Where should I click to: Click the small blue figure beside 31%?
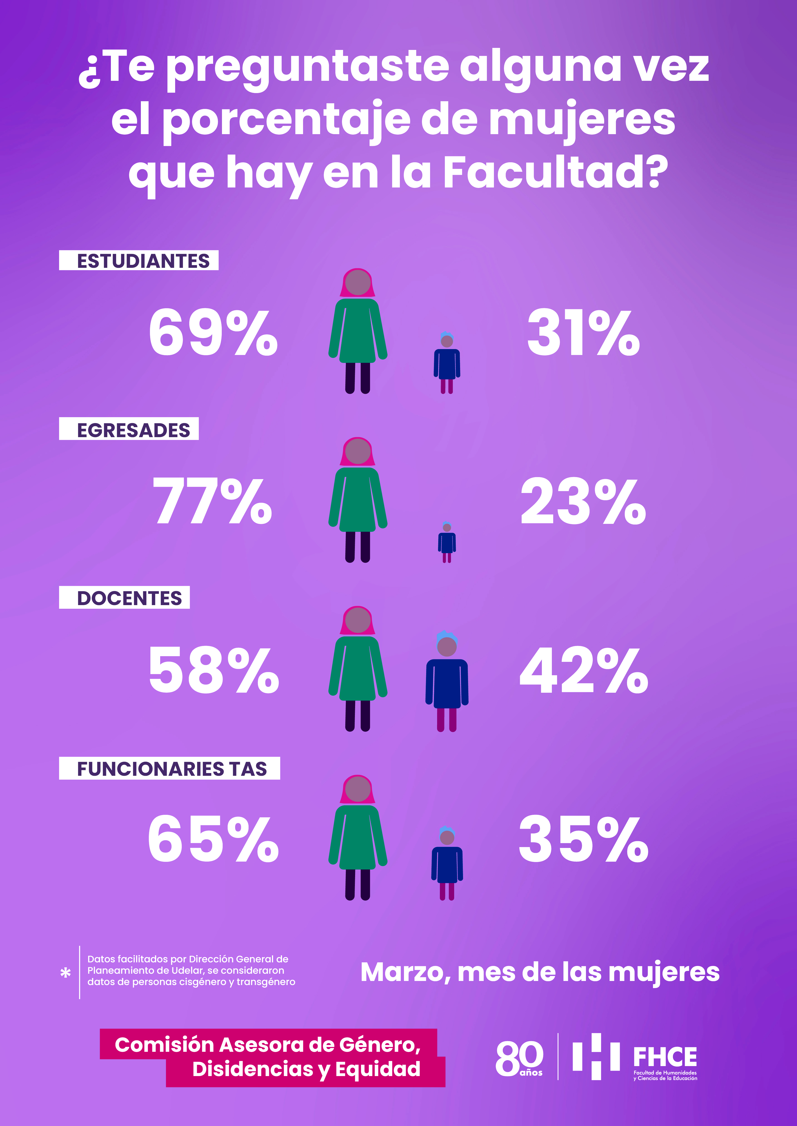(x=447, y=363)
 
